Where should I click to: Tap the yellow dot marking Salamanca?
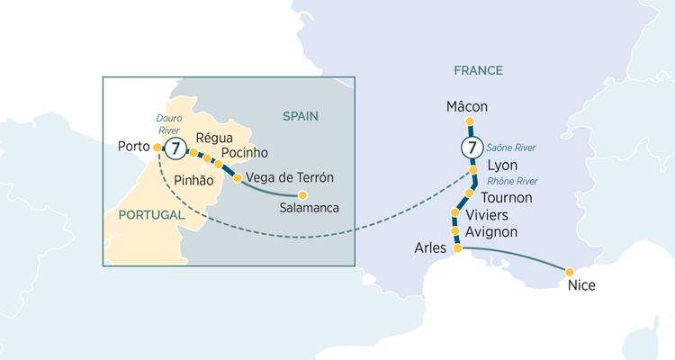(302, 194)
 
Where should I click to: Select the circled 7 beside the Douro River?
(177, 148)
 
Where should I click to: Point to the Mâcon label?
(467, 107)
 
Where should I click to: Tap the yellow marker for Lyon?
(474, 170)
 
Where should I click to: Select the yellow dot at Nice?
(569, 271)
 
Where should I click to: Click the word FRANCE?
(479, 70)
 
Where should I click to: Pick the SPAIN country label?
(301, 116)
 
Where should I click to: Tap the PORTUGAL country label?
(150, 216)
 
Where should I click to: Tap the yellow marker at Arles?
(457, 248)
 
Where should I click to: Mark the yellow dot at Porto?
(157, 147)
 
